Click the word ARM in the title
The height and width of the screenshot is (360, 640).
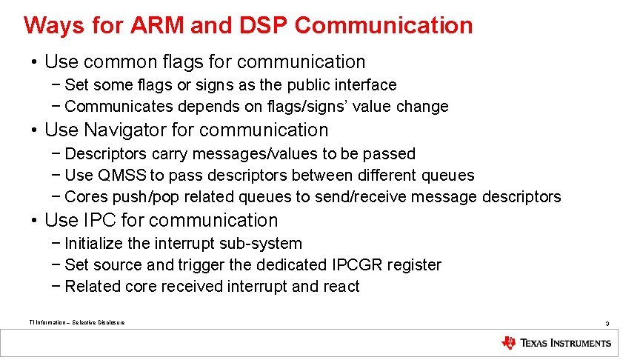point(157,25)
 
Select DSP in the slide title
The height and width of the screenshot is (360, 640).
point(264,25)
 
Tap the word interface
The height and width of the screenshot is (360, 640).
point(364,85)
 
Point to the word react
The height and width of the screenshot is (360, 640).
point(341,287)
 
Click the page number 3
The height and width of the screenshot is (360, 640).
point(607,324)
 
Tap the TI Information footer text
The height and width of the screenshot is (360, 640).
point(76,322)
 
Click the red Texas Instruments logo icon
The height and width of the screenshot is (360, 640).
point(508,343)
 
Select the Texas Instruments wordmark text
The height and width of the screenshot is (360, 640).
point(566,343)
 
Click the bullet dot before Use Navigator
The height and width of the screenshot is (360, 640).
point(34,130)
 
